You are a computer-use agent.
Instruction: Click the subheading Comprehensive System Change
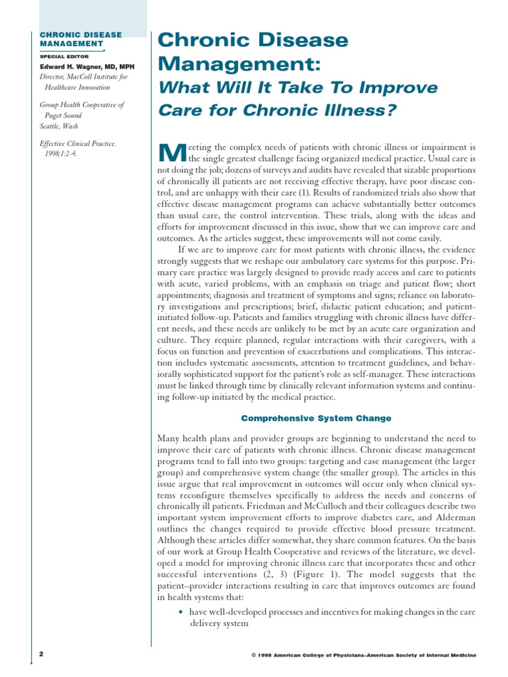click(316, 418)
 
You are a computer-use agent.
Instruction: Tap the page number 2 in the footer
click(41, 654)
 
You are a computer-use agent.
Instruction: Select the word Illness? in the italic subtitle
click(366, 110)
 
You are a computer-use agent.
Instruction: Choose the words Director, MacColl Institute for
click(84, 77)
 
